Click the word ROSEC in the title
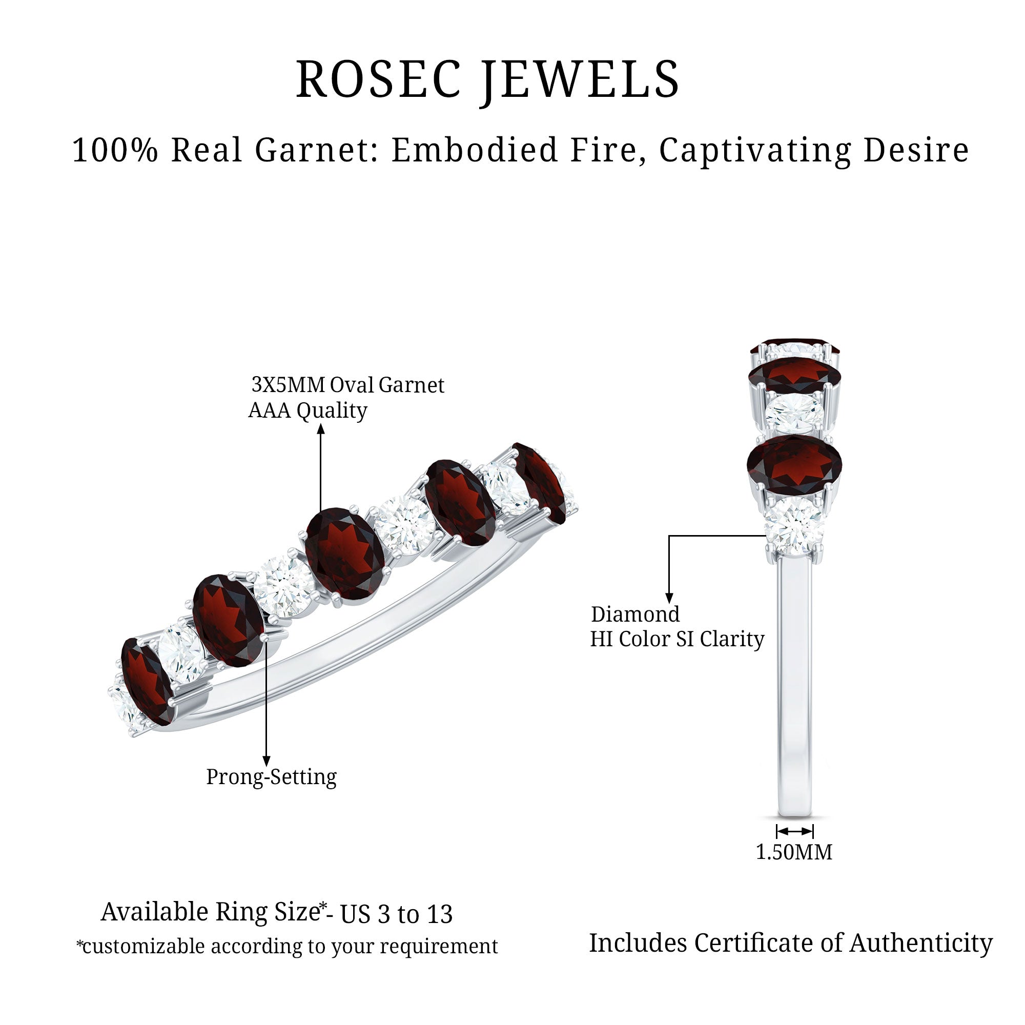point(378,79)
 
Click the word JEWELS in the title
point(581,79)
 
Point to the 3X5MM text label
point(288,385)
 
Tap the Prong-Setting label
point(271,777)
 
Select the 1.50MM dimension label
point(794,853)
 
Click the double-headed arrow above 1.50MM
point(794,831)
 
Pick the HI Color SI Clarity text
point(677,639)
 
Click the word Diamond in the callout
point(635,614)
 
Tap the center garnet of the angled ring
point(345,554)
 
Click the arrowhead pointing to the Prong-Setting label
point(266,762)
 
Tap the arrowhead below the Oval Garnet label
point(320,428)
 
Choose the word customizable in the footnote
point(143,947)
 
